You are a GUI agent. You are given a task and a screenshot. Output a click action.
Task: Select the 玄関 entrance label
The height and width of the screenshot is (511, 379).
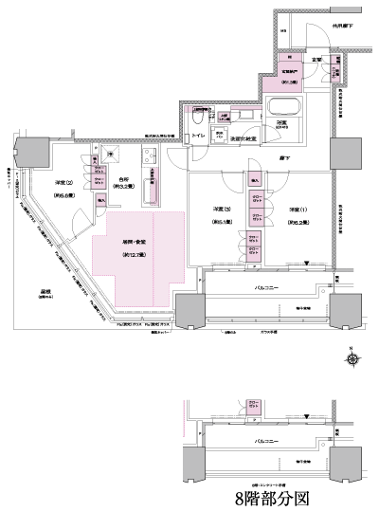tap(318, 60)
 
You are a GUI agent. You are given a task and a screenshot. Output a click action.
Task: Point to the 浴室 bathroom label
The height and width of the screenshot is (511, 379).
tap(281, 123)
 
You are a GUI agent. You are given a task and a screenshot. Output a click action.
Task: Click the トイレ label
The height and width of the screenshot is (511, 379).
tap(200, 137)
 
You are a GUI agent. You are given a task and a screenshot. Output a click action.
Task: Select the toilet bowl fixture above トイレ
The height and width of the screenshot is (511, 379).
tap(199, 120)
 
